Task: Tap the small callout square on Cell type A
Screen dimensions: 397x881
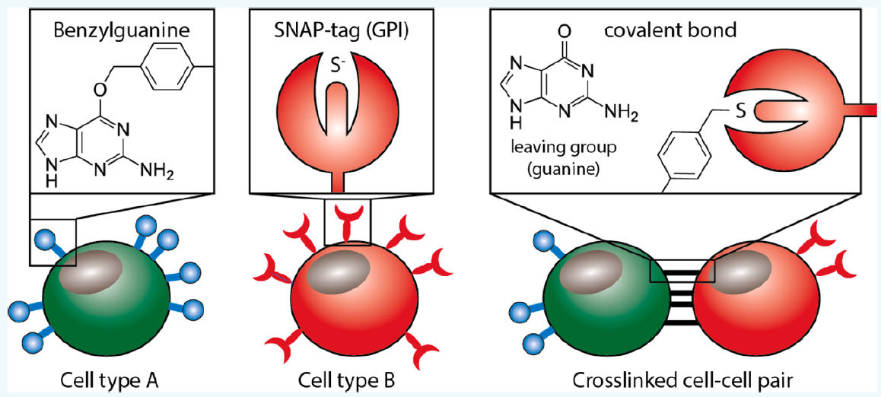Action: point(53,243)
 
